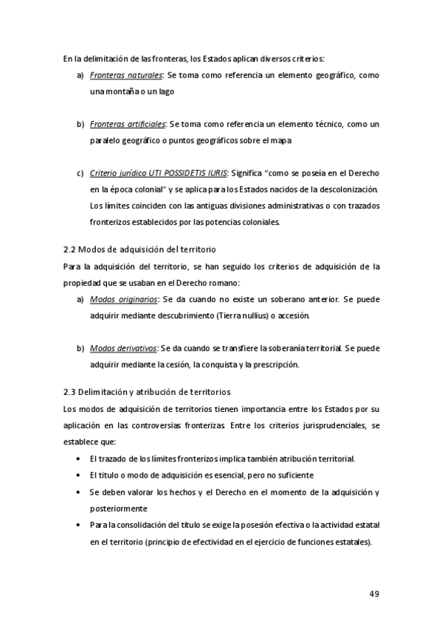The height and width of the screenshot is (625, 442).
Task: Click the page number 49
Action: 374,593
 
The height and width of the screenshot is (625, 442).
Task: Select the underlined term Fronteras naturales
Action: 126,75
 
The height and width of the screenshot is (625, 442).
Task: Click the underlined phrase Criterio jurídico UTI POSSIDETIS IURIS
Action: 158,172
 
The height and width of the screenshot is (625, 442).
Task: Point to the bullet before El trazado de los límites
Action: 79,458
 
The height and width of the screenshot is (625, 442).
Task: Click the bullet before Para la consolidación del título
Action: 79,525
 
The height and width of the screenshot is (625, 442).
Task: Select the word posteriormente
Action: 119,508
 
